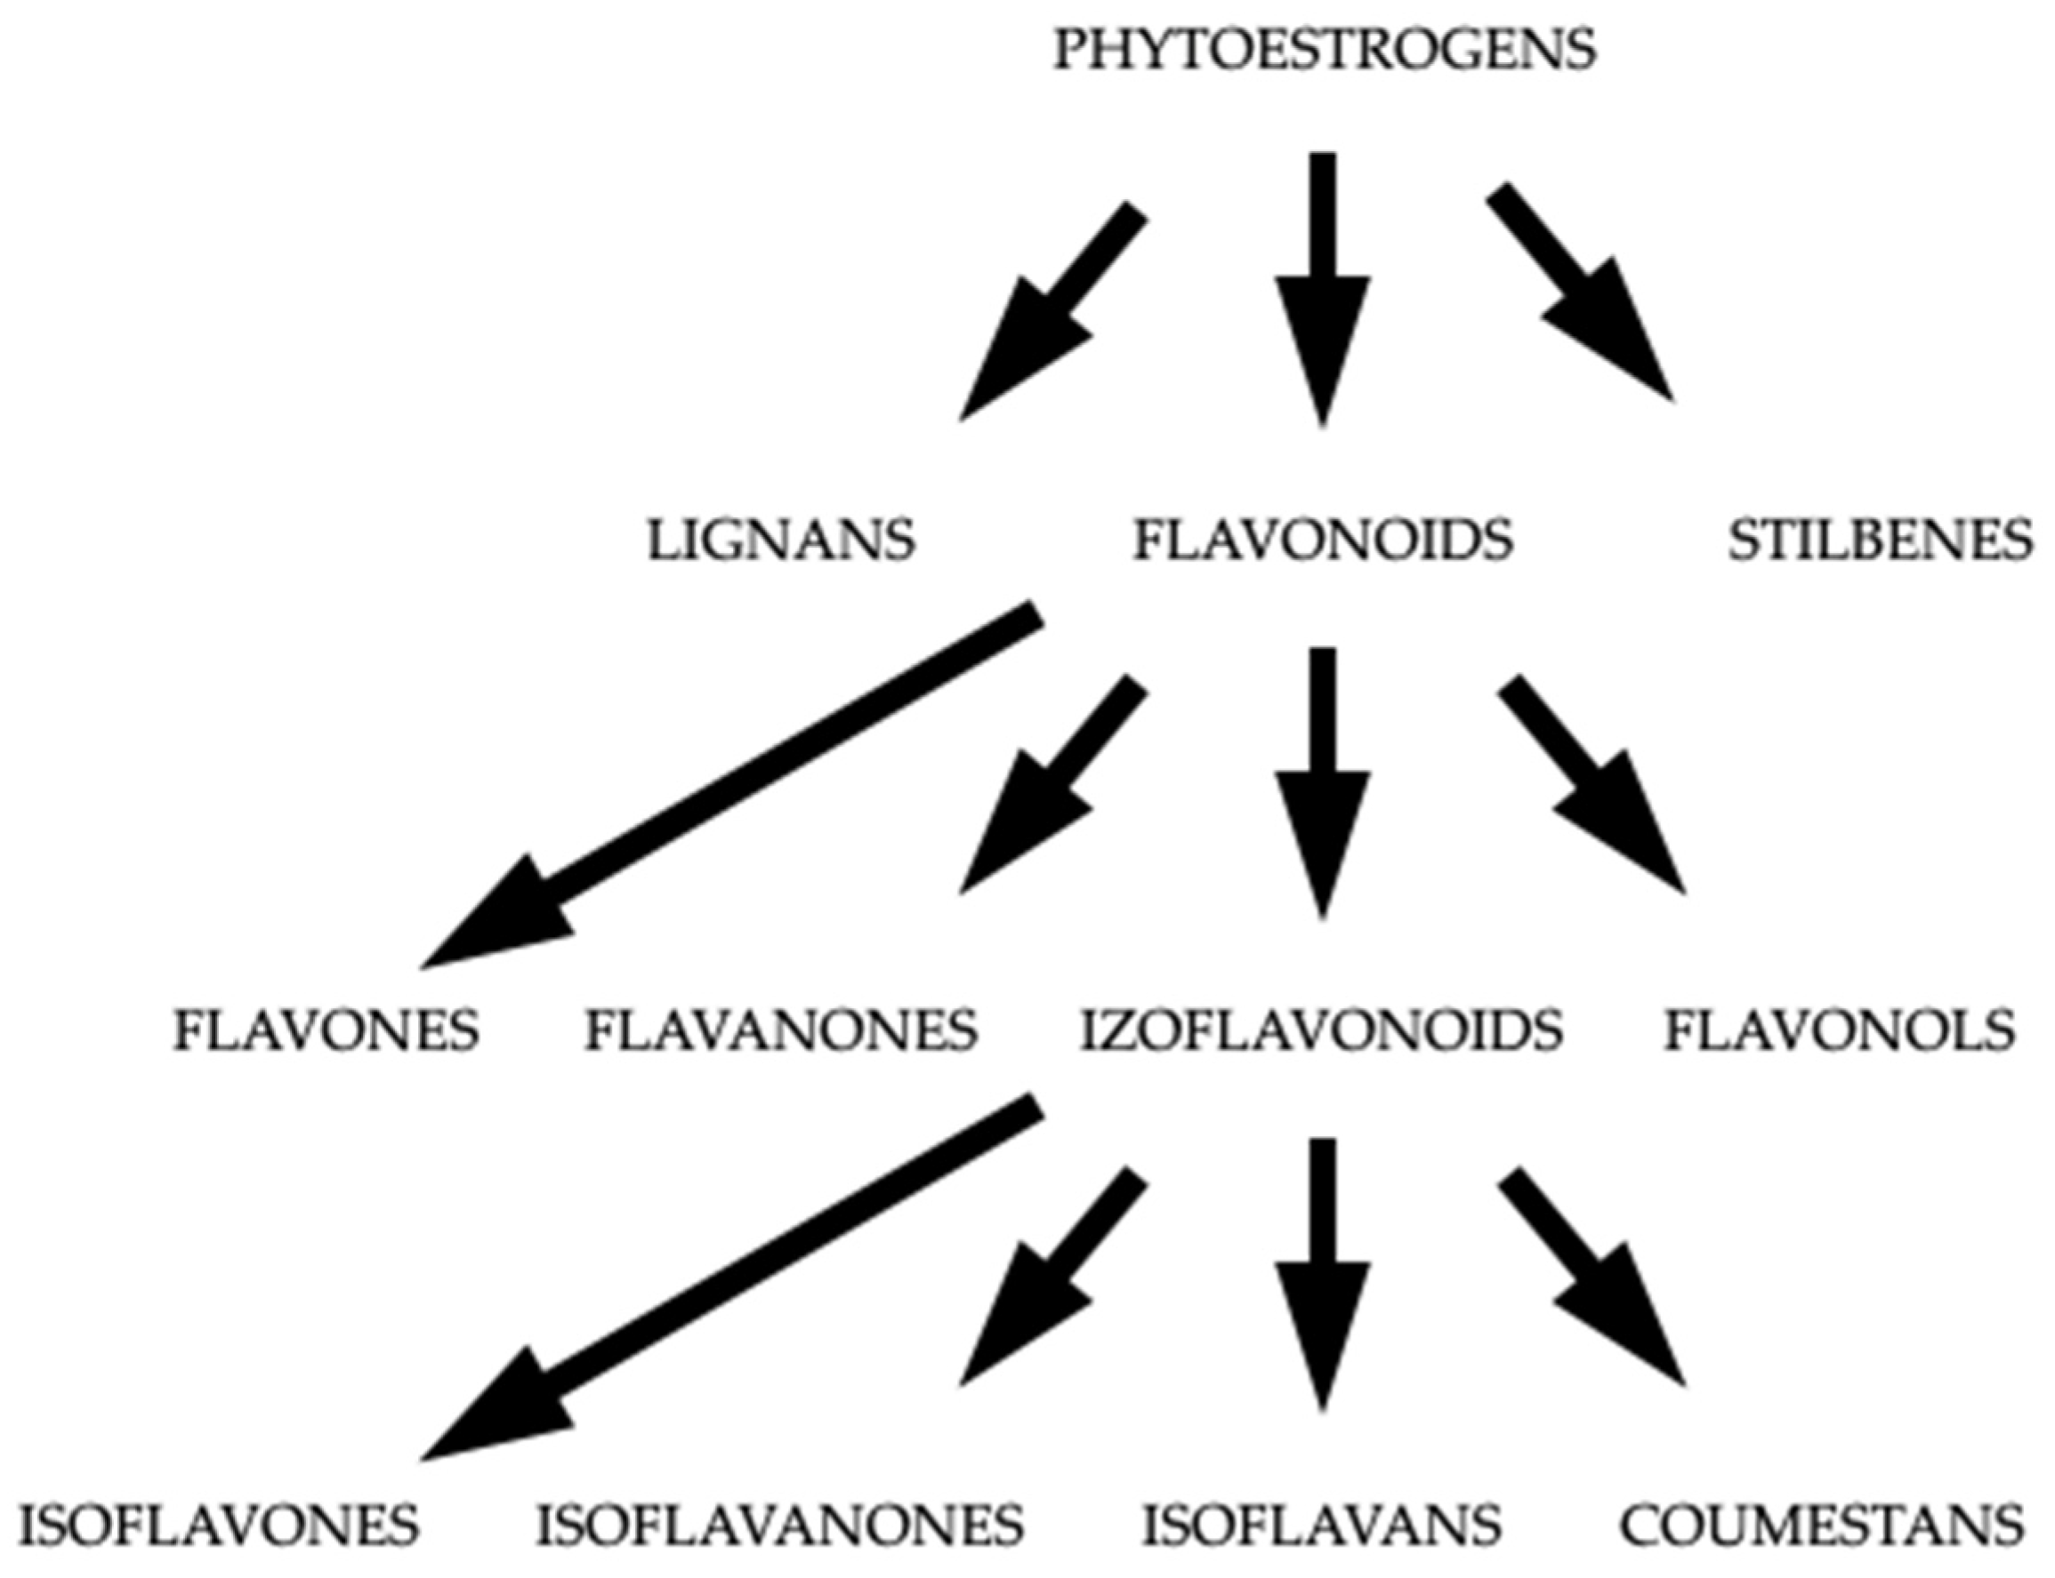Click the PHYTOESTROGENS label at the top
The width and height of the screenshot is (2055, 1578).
1323,49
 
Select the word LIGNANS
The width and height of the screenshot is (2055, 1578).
780,541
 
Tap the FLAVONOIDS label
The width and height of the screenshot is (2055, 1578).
1323,541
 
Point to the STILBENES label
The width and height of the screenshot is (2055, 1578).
1879,541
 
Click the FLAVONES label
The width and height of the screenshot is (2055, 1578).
326,1031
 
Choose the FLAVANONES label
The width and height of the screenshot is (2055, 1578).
780,1031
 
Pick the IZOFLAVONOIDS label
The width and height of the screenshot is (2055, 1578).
1321,1031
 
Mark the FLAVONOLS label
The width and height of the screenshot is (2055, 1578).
1840,1031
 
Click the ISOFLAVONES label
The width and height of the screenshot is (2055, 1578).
218,1524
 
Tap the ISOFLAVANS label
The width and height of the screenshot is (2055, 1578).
1321,1524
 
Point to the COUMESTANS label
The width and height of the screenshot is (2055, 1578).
1821,1524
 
